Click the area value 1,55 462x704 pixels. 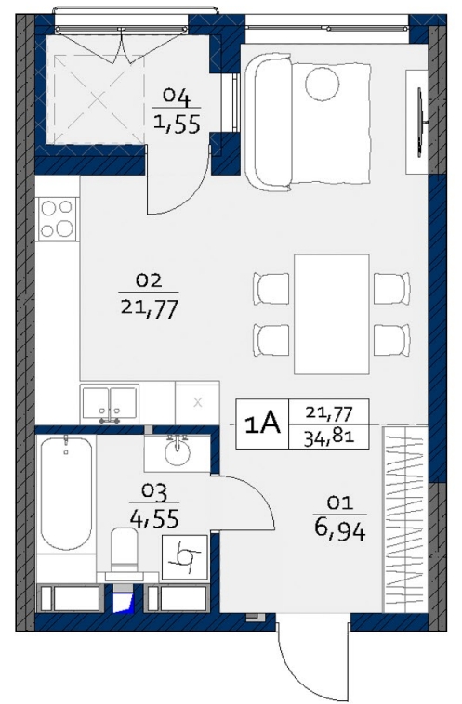click(177, 124)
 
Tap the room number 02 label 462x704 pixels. click(149, 281)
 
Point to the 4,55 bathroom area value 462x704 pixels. click(154, 517)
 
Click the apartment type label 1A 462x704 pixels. click(262, 424)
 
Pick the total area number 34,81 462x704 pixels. click(329, 437)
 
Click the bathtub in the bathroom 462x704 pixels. click(66, 492)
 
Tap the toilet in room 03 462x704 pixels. click(125, 550)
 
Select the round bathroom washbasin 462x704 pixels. click(177, 453)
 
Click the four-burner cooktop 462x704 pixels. click(57, 218)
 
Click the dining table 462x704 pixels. click(332, 314)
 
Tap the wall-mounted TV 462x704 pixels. click(421, 122)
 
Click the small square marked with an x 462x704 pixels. click(197, 402)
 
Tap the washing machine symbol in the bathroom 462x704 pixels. click(185, 557)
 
